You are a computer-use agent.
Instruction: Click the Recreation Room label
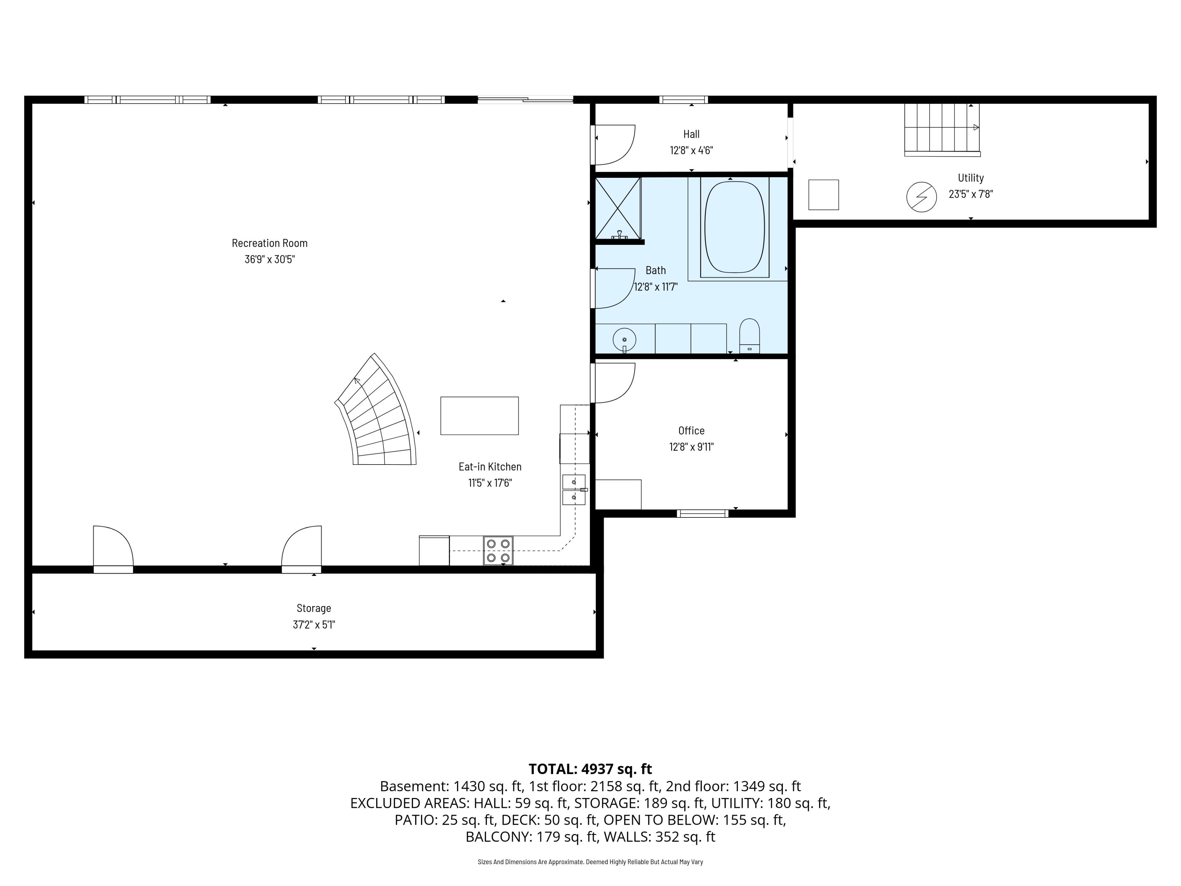point(270,243)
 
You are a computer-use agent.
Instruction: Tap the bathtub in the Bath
point(735,228)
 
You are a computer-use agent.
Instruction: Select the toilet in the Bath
point(750,336)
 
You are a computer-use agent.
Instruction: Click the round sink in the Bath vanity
point(624,340)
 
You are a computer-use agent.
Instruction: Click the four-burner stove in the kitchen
point(498,551)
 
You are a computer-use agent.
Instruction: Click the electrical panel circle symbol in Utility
point(921,197)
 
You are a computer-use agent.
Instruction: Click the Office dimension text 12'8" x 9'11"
point(691,447)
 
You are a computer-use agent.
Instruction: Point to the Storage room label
point(314,608)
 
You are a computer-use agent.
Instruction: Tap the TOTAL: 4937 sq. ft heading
point(590,769)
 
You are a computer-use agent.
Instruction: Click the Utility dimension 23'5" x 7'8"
point(971,194)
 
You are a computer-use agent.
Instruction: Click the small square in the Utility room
point(823,195)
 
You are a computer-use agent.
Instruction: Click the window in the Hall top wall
point(683,99)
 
